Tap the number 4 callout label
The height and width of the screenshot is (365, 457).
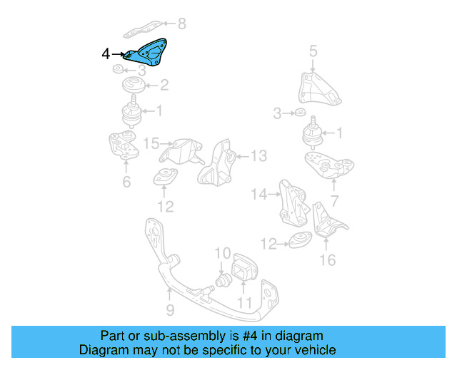coord(106,53)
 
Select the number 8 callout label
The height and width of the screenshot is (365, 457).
coord(181,24)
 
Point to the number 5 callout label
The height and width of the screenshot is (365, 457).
coord(313,51)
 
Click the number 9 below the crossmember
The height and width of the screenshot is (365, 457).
coord(170,310)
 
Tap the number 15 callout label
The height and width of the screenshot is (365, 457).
coord(151,144)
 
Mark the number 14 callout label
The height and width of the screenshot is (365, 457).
coord(258,193)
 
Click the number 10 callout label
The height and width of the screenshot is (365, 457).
coord(223,252)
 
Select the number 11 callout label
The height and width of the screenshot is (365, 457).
coord(245,303)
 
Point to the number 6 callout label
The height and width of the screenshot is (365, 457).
coord(126,182)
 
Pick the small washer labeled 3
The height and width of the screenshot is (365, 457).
coord(301,113)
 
